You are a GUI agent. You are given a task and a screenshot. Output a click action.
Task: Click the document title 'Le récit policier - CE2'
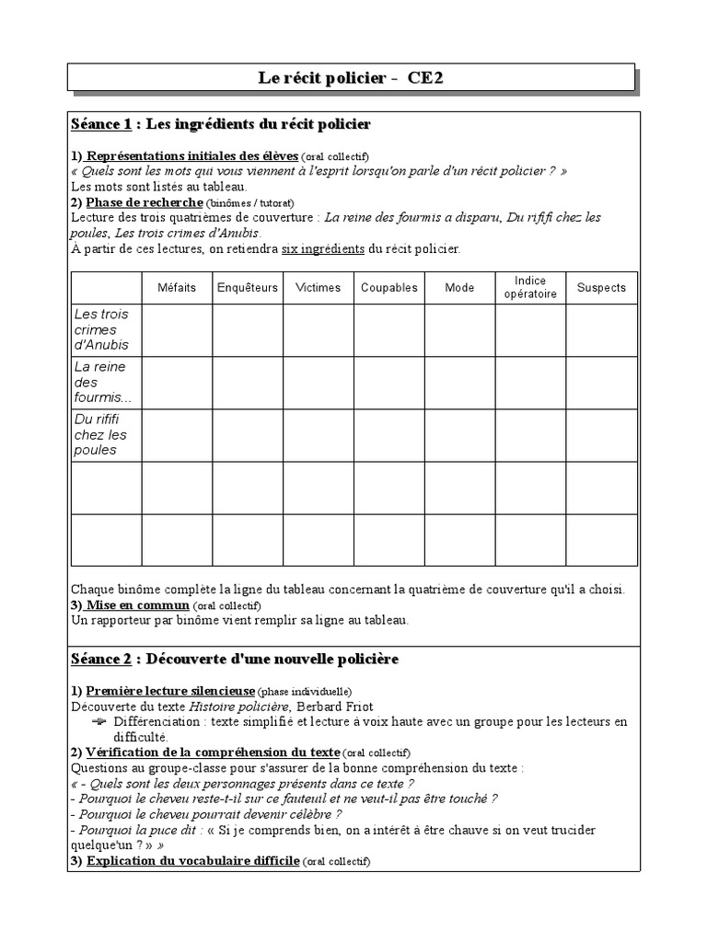[351, 78]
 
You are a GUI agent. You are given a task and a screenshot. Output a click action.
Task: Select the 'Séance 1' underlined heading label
[100, 124]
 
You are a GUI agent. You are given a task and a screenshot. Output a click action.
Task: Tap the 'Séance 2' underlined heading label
[100, 660]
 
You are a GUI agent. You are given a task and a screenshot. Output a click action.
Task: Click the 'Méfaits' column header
[177, 288]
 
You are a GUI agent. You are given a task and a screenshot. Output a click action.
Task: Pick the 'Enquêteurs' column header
[247, 288]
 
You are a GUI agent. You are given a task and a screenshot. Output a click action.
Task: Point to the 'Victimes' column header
[318, 288]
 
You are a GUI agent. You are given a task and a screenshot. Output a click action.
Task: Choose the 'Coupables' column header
[388, 288]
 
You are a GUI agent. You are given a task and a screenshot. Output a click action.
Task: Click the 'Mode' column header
[459, 288]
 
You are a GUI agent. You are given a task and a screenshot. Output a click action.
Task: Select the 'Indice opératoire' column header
[530, 287]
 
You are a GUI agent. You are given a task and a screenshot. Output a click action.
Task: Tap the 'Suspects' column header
[600, 288]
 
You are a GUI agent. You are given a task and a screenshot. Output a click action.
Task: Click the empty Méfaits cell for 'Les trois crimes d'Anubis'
[177, 330]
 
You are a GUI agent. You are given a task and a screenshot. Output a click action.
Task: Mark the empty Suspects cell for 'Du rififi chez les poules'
[600, 435]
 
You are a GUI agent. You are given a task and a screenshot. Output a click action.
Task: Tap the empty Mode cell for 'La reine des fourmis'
[459, 383]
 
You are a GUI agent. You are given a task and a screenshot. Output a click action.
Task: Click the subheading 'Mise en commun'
[137, 605]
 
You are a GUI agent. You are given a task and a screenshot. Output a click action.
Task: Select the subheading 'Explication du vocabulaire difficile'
[192, 861]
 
